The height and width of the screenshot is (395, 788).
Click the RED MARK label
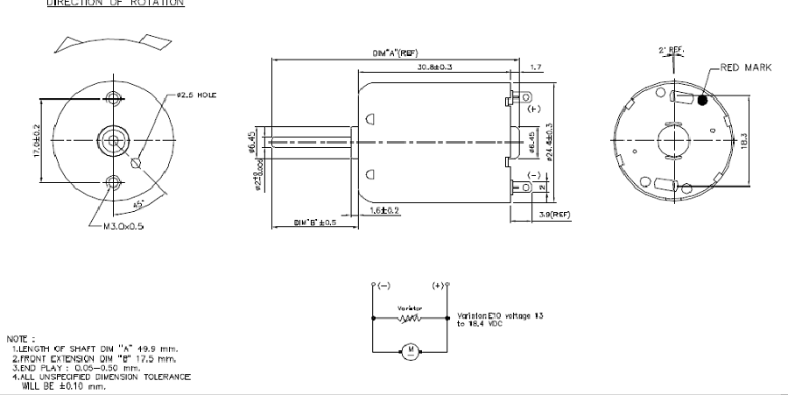coord(746,67)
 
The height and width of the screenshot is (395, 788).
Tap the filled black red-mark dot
coord(702,101)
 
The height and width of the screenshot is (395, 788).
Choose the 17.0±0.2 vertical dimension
coord(38,140)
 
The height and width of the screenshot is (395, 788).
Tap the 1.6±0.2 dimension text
coord(384,211)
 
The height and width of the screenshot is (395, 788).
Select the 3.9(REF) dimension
coord(554,215)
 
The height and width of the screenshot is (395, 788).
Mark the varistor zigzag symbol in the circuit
coord(411,319)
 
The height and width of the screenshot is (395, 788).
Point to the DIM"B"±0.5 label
coord(312,222)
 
